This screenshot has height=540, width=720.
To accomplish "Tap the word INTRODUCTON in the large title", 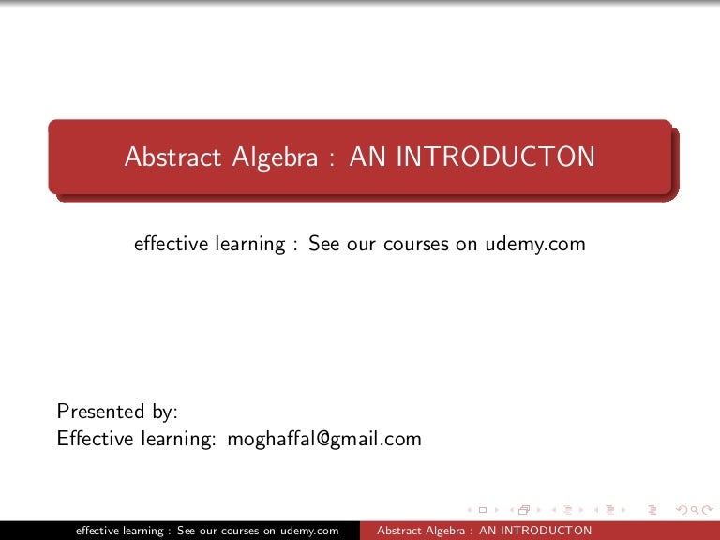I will point(495,157).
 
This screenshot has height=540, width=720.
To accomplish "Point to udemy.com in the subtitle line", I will point(535,244).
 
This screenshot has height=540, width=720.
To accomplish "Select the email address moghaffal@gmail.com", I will point(324,439).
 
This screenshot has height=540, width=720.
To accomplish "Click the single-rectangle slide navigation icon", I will point(482,510).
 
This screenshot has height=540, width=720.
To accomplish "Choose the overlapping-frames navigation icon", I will point(523,510).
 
